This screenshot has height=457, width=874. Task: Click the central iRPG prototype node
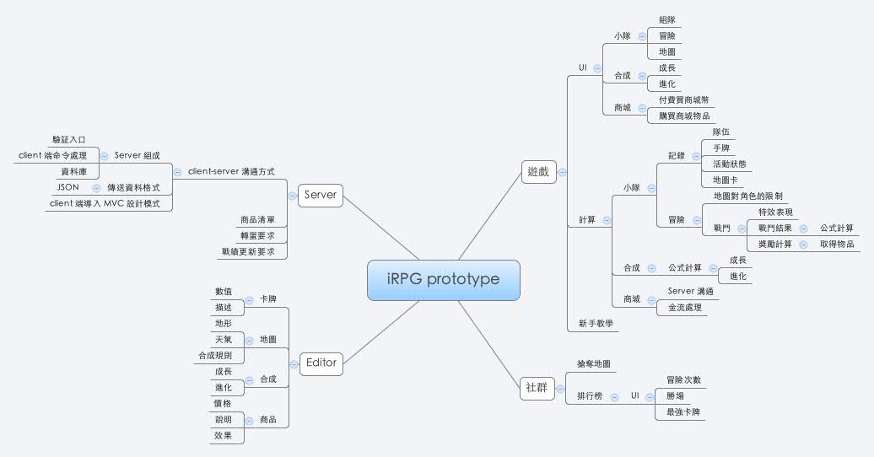[443, 279]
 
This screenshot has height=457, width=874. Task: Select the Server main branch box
[321, 195]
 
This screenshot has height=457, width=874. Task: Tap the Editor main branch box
[321, 363]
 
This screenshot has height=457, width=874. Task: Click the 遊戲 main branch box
[537, 172]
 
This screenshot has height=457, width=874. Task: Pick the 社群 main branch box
[536, 387]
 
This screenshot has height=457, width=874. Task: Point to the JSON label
[67, 187]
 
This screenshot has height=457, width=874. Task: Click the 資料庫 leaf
[74, 171]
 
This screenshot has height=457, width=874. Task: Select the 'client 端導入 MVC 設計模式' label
[110, 203]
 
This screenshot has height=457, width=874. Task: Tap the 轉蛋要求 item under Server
[257, 235]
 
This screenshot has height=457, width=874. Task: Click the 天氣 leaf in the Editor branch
[224, 340]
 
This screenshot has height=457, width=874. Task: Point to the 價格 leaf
[224, 403]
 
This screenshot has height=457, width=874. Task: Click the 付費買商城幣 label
[684, 99]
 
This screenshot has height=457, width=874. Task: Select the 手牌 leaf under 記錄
[721, 148]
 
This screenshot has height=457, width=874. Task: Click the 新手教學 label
[596, 323]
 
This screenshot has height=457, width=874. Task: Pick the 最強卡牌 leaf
[683, 412]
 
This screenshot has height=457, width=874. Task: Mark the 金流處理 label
[684, 308]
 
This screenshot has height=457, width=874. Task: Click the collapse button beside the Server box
[292, 195]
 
